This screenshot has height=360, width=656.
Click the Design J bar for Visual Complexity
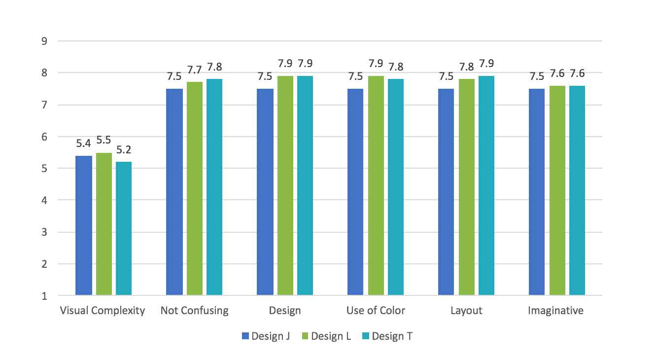click(84, 225)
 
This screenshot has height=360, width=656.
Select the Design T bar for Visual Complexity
click(124, 229)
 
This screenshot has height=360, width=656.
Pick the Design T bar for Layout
click(486, 185)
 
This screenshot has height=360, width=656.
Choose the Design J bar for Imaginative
click(537, 192)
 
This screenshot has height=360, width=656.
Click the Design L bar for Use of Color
click(376, 185)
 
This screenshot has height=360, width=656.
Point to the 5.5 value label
click(104, 140)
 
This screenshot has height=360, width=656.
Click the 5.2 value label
click(124, 149)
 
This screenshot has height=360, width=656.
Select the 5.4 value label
click(84, 144)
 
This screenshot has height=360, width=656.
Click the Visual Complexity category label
click(103, 311)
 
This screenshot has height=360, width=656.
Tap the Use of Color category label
click(376, 311)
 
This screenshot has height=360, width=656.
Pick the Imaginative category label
click(555, 311)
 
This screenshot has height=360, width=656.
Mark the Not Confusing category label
click(195, 311)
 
